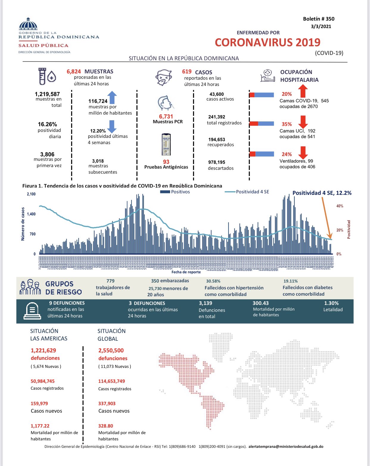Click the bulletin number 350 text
(x=318, y=19)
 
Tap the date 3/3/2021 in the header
(x=321, y=26)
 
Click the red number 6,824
(x=74, y=72)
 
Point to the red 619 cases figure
(x=187, y=72)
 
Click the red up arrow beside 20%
(x=303, y=91)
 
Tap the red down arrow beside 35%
(x=303, y=122)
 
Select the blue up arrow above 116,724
(x=112, y=97)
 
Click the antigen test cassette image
(x=166, y=145)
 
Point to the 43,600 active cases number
(x=217, y=94)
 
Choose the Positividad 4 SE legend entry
(x=247, y=192)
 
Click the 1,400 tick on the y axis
(x=31, y=214)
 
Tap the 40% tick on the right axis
(x=340, y=206)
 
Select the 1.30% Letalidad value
(x=331, y=303)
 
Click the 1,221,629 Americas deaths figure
(x=43, y=351)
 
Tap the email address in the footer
(x=286, y=447)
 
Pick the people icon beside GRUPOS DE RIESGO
(x=30, y=287)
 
